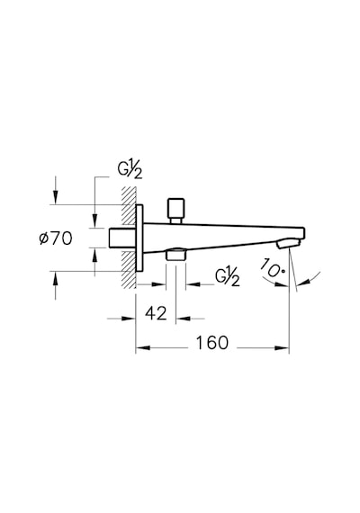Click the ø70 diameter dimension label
point(55,238)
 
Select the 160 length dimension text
point(211,343)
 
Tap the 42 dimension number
point(156,313)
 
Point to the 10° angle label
point(272,268)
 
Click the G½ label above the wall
point(130,170)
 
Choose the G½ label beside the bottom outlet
point(228,277)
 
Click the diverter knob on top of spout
point(175,211)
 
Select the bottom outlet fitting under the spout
point(176,254)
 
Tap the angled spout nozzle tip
point(288,243)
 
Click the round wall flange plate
point(139,238)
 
